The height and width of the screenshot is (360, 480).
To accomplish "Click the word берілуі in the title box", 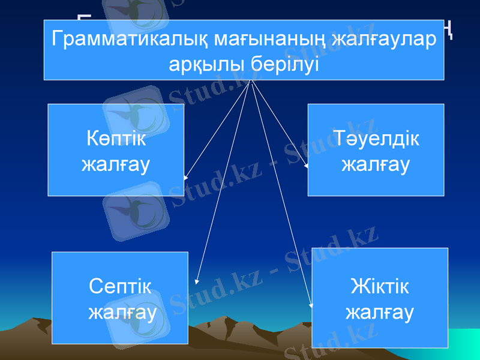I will point(282,64).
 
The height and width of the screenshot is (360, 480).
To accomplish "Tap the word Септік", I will point(119,286).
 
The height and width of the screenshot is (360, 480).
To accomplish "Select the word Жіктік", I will point(380,286).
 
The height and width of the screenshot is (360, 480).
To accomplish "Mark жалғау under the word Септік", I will point(122,312).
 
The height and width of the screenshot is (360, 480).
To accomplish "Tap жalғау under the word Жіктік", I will point(380,312).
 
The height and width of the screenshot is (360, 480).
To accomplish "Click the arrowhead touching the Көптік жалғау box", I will point(187,178).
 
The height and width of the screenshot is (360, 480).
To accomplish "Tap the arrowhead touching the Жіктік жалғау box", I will point(311,305).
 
